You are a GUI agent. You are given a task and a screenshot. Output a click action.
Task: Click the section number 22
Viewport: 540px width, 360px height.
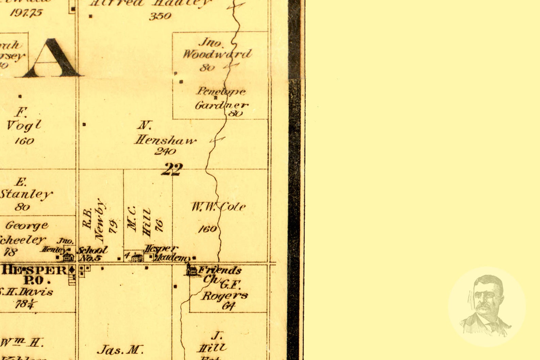tap(172, 169)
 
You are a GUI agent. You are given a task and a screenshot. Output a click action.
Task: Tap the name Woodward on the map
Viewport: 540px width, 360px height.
tap(217, 54)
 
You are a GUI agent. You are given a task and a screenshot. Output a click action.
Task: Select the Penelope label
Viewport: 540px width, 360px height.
tap(221, 91)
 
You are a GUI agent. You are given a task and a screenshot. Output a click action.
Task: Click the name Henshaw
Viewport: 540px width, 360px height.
tap(166, 140)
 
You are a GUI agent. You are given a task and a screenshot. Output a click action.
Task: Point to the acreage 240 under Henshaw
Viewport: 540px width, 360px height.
tap(165, 151)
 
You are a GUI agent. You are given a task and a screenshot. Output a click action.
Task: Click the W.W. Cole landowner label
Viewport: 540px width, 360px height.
tap(218, 207)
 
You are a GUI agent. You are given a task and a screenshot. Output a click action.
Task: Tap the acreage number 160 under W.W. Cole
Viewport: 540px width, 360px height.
tap(207, 229)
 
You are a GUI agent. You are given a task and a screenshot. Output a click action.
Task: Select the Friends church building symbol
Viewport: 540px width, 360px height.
tap(191, 270)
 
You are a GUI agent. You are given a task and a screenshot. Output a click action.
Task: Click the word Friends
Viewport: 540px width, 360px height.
tap(220, 271)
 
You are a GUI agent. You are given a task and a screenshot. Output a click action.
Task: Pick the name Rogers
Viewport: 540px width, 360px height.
tap(225, 295)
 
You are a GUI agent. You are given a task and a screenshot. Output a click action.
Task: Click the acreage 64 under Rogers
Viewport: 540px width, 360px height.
tap(229, 306)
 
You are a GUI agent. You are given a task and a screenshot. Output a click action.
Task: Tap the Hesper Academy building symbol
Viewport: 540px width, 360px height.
tap(137, 257)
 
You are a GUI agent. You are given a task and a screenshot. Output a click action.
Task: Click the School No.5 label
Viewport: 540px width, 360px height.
tap(92, 254)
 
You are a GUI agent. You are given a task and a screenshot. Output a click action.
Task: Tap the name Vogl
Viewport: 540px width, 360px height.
tap(24, 125)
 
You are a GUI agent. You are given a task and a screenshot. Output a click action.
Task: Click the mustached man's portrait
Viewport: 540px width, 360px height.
tap(487, 306)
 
